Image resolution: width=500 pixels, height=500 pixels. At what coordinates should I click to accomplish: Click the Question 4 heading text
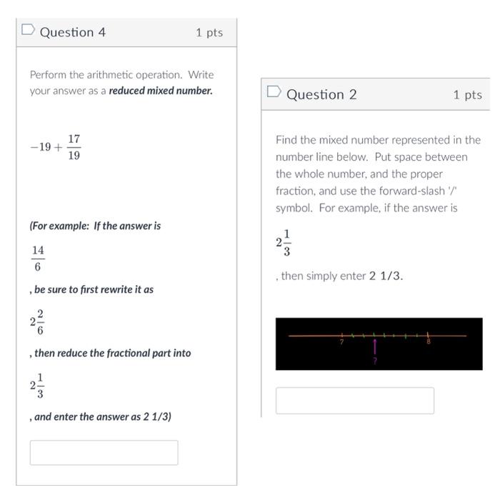(x=72, y=32)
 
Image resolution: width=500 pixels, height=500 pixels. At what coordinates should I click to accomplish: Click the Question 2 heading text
(x=321, y=95)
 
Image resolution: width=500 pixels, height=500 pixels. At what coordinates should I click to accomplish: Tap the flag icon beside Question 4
(x=28, y=31)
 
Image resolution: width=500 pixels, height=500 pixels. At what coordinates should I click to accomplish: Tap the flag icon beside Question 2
(x=274, y=93)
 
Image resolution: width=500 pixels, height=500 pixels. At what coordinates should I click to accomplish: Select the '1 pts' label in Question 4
(x=209, y=33)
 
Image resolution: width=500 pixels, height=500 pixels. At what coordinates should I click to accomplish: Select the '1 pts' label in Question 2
(x=467, y=95)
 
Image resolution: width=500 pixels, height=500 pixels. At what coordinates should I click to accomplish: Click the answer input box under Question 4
(x=104, y=452)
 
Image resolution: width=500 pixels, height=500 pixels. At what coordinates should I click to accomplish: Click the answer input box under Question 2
(x=354, y=401)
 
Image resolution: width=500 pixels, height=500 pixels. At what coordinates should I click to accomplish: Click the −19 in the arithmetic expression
(x=41, y=147)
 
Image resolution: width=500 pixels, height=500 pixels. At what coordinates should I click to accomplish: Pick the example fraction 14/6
(x=38, y=258)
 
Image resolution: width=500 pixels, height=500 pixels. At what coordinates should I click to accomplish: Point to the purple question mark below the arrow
(x=374, y=361)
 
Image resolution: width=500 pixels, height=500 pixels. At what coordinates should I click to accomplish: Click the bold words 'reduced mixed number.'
(x=161, y=91)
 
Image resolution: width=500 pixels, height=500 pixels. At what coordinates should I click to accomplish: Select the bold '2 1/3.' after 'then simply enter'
(x=386, y=276)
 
